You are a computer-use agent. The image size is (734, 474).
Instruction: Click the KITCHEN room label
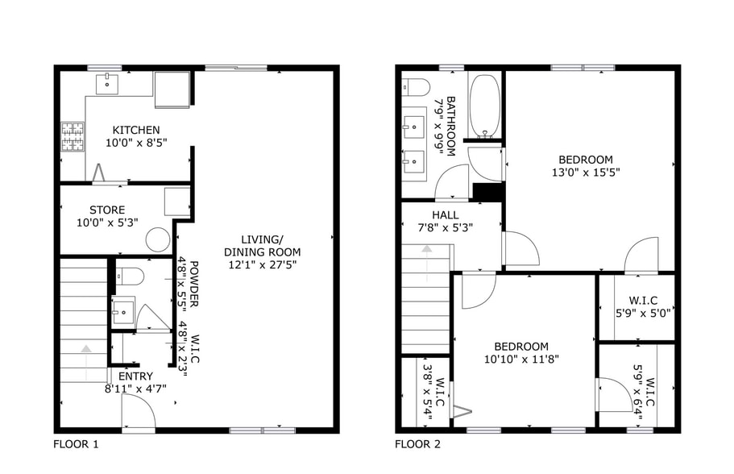(135, 130)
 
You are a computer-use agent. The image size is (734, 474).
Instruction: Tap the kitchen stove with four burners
(73, 137)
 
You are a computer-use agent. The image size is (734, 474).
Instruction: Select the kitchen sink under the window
(108, 83)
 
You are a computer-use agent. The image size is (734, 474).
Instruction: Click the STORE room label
(107, 210)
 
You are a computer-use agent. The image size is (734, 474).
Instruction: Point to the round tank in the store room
(158, 239)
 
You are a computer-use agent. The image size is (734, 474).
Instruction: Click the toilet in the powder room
(129, 277)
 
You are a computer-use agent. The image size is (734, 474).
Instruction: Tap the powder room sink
(123, 310)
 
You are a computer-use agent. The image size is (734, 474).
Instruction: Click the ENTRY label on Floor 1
(135, 376)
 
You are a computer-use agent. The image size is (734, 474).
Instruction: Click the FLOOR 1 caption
(76, 443)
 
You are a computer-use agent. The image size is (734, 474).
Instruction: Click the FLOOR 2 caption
(417, 443)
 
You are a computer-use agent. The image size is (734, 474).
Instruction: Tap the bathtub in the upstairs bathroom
(485, 105)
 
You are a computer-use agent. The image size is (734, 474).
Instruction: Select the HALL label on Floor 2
(445, 215)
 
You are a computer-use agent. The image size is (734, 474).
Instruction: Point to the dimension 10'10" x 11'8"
(521, 360)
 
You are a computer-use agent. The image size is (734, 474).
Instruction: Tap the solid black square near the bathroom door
(487, 192)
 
